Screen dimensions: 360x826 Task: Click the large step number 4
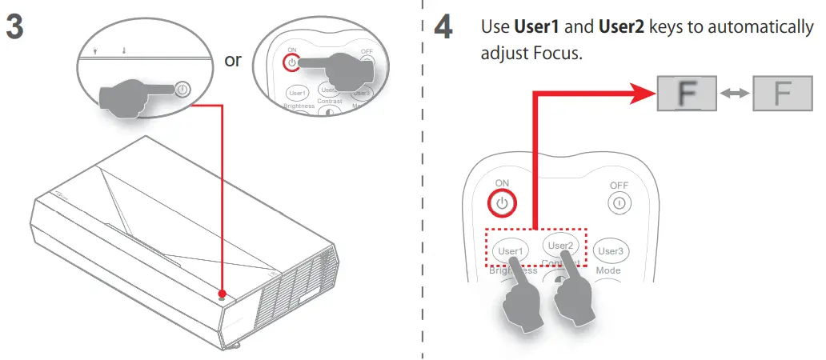(443, 27)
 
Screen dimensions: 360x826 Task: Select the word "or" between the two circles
(233, 61)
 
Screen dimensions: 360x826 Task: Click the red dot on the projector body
(223, 294)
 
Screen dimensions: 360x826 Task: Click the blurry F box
(685, 94)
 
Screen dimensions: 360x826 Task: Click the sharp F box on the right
(781, 94)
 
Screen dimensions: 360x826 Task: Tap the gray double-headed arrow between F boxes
(733, 94)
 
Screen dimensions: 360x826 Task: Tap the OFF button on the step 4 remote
(618, 203)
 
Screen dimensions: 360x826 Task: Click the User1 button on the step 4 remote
(509, 250)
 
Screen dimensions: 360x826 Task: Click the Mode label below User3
(607, 270)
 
